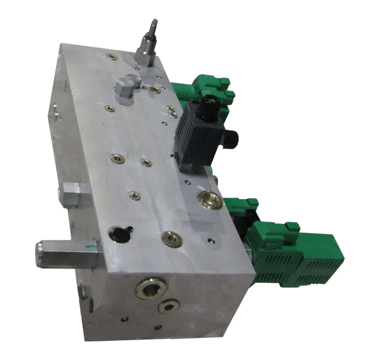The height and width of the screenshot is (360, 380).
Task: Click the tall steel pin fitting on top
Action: [x=148, y=44]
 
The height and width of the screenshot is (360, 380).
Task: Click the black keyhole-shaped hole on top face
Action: [x=120, y=233]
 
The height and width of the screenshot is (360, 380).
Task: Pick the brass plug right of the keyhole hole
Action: [x=171, y=239]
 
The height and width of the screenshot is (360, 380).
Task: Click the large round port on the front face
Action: [x=151, y=288]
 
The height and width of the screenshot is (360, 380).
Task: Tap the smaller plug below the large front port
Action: [x=168, y=307]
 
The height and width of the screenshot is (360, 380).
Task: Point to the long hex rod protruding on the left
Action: [x=67, y=254]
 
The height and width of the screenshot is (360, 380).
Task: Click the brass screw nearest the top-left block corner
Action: [x=111, y=57]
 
